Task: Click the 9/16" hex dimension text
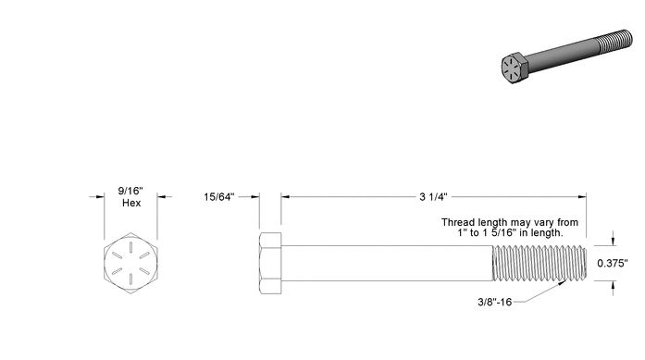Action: pyautogui.click(x=130, y=191)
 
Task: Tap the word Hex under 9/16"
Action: pyautogui.click(x=131, y=203)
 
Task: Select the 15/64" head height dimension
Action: pyautogui.click(x=218, y=197)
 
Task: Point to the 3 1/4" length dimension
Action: pyautogui.click(x=433, y=197)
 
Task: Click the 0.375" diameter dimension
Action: pyautogui.click(x=613, y=264)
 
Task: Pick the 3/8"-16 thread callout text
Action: pyautogui.click(x=494, y=302)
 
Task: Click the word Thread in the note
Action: pyautogui.click(x=457, y=222)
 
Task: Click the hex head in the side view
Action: pyautogui.click(x=270, y=264)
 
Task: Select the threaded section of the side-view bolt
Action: pyautogui.click(x=540, y=264)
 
